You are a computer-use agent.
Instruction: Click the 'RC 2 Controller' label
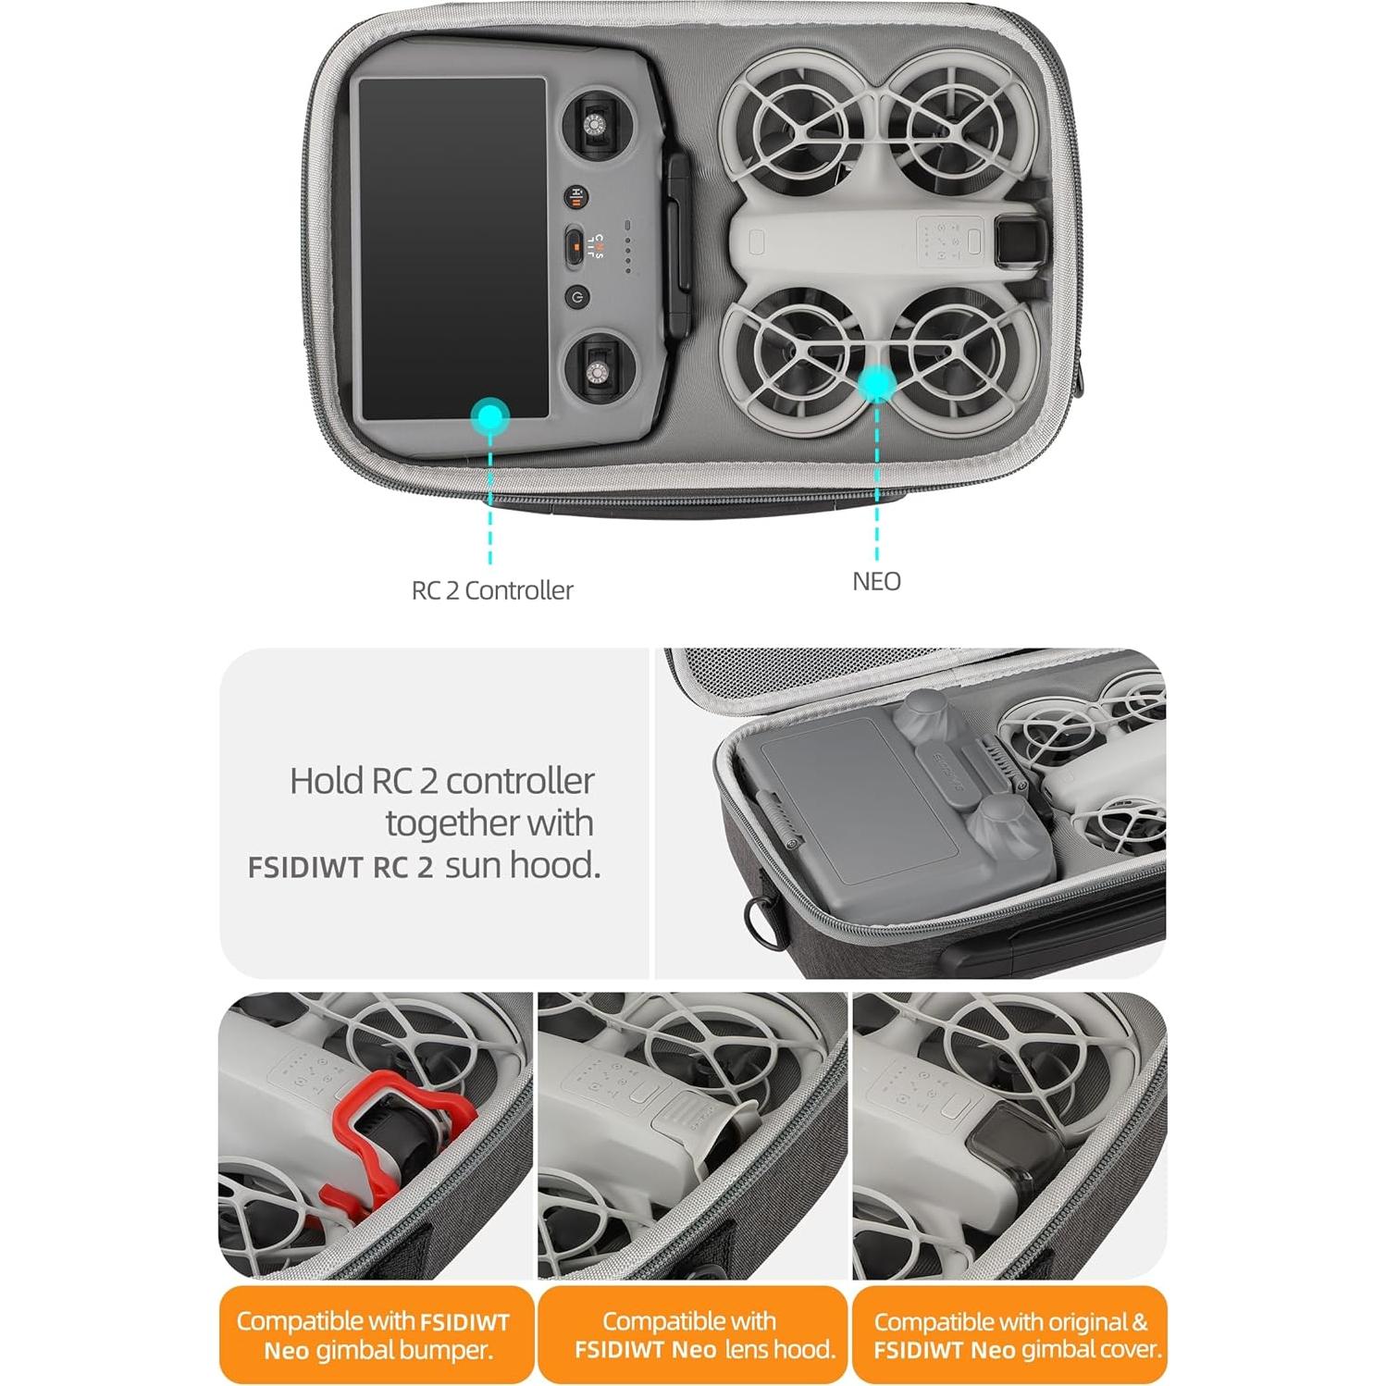coord(491,590)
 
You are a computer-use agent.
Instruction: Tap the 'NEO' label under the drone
coord(875,581)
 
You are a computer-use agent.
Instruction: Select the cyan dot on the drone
coord(875,381)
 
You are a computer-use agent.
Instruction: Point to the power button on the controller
coord(576,297)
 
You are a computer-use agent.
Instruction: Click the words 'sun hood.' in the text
coord(523,865)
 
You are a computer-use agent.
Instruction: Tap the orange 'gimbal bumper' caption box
coord(376,1334)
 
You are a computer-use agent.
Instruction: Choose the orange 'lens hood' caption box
coord(692,1334)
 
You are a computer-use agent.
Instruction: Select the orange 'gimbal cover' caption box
coord(1009,1334)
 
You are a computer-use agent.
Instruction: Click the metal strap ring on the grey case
coord(760,917)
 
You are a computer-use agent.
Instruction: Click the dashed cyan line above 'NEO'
coord(875,481)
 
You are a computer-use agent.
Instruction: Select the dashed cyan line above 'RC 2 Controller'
coord(490,500)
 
